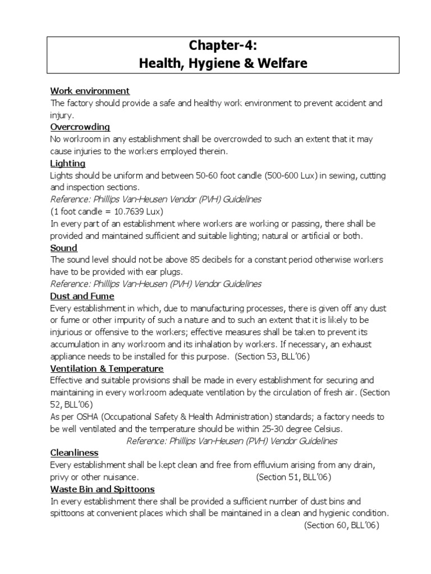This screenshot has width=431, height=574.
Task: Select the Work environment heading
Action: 90,91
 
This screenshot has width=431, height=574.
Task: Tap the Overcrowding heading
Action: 80,127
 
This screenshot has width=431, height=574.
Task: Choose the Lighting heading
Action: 68,164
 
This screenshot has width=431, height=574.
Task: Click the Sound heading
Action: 64,248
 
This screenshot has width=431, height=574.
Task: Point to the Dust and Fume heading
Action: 82,296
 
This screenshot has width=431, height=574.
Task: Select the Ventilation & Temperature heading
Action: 107,368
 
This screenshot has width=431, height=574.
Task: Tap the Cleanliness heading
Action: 74,452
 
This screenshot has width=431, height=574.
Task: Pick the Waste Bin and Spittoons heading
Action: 102,489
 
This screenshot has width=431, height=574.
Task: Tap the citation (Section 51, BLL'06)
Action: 294,477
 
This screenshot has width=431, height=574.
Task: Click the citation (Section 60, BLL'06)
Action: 342,525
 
